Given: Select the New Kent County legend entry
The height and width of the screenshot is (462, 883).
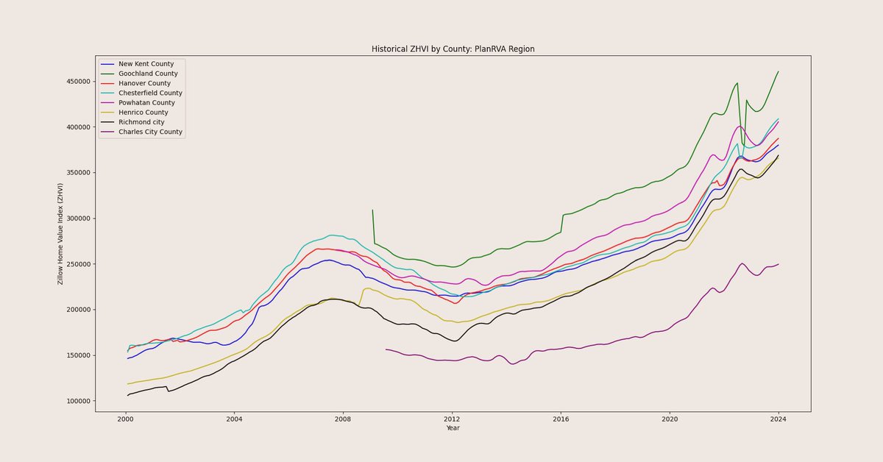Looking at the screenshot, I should tap(146, 64).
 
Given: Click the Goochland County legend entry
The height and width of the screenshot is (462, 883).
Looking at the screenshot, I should tap(148, 74).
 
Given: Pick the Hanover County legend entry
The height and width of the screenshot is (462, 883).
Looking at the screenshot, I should tap(144, 83).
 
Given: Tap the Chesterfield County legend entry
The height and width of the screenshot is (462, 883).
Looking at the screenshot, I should tap(150, 93).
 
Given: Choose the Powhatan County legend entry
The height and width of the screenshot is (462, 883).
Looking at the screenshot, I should tap(146, 103).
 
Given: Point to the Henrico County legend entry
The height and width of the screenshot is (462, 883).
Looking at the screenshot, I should tap(143, 113).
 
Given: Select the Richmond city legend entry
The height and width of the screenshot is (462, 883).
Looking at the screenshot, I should tap(141, 122).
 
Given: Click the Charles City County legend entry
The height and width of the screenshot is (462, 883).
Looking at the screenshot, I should tap(150, 132).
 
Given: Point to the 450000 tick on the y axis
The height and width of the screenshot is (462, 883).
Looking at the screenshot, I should tap(75, 82).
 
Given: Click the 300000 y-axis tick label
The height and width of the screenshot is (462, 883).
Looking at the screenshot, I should tap(75, 218).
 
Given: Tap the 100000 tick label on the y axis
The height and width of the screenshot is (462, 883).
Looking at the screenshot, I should tap(75, 401).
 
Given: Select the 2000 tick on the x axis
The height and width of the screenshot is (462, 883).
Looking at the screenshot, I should tap(125, 419).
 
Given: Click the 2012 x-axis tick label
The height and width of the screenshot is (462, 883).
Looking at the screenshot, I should tap(452, 419).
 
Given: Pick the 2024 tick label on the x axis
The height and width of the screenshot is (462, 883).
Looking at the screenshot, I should tap(779, 419).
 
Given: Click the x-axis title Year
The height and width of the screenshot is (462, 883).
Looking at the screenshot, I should tap(452, 427).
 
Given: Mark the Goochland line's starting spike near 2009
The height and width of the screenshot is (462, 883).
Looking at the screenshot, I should tap(372, 210).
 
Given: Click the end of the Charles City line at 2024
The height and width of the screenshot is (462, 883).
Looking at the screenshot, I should tap(779, 264).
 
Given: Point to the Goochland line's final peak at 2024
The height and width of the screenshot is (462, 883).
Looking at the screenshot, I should tap(779, 71).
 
